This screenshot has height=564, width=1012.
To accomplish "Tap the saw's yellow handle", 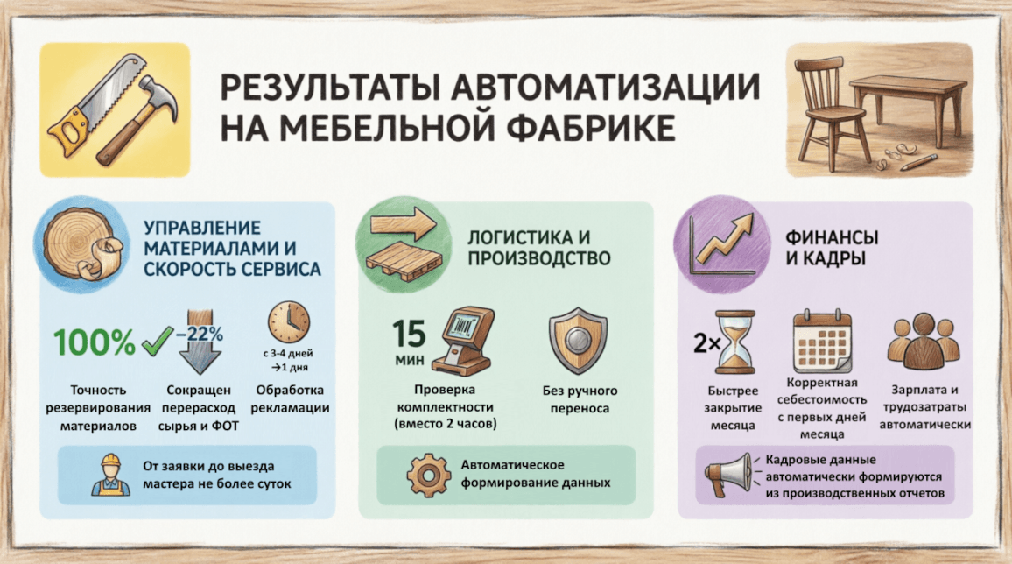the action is coord(67,131).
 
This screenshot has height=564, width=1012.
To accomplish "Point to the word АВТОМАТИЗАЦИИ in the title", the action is coord(606,87).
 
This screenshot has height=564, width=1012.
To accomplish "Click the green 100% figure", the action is coord(95,342).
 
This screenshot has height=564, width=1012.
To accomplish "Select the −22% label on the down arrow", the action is coord(200,335).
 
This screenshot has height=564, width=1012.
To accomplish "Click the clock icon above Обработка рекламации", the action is coord(289,322).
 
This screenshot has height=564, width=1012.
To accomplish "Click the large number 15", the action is coord(409,334).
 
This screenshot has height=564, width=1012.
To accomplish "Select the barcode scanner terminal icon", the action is coord(463,341).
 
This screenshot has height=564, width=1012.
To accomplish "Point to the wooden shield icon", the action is coord(578,340).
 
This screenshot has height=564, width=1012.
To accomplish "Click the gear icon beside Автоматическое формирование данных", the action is coord(429,475).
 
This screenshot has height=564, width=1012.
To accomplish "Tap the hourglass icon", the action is coord(734,342).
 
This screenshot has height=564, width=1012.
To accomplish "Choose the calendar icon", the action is coord(822,341).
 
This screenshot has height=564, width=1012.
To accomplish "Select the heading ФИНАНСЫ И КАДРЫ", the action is coord(832,248).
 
